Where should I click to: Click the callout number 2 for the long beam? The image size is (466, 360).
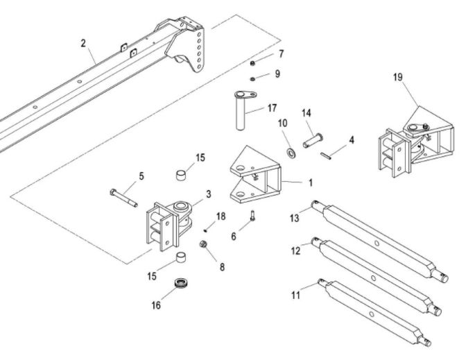click(83, 44)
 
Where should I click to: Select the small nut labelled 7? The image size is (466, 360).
click(252, 63)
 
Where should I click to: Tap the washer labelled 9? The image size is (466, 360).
click(252, 79)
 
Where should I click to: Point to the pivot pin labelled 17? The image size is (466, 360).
click(244, 110)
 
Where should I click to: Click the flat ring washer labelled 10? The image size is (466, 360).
click(291, 152)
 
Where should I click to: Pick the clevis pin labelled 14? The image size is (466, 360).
click(313, 140)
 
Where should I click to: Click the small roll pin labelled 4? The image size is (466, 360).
click(326, 156)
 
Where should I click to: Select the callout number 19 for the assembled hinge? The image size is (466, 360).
click(397, 77)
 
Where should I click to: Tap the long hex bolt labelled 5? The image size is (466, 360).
click(123, 198)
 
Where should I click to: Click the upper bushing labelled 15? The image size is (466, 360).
click(181, 175)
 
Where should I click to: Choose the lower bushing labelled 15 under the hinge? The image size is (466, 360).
click(181, 257)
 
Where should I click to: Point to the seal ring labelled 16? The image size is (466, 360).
click(180, 283)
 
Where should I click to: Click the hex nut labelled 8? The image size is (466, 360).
click(203, 244)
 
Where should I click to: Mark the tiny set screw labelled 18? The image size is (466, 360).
click(205, 230)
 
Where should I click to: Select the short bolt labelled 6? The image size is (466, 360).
click(252, 216)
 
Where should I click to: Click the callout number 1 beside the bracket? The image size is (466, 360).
click(311, 183)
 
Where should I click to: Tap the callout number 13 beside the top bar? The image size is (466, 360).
click(294, 218)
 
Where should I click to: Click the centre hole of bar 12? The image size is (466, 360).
click(373, 278)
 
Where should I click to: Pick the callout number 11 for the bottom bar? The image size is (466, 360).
click(295, 295)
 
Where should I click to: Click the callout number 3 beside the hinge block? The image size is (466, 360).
click(209, 194)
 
